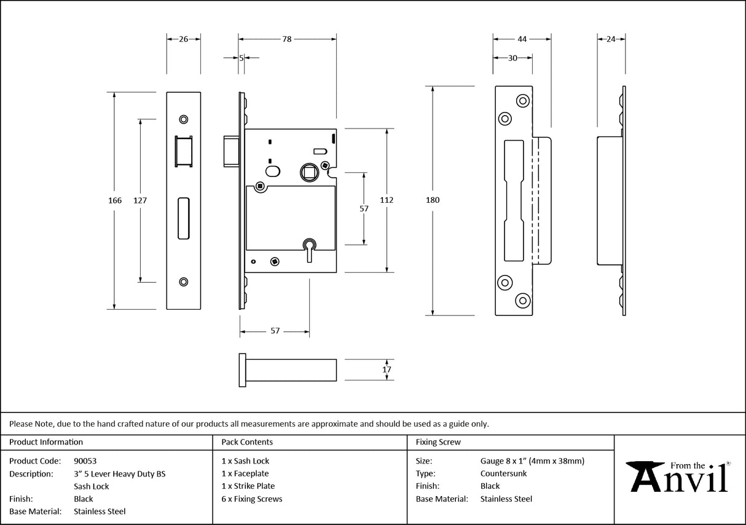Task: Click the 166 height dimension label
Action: pos(115,200)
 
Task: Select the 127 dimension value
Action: pos(141,200)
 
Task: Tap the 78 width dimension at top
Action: pos(286,39)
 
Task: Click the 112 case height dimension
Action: pos(387,200)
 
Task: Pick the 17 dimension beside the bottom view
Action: pos(387,369)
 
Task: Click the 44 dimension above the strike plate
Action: pos(522,39)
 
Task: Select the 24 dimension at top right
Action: pos(611,39)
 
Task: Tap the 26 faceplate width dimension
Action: pos(183,39)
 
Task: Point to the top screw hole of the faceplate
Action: pos(183,119)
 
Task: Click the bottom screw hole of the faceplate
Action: pos(183,282)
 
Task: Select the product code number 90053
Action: pos(85,460)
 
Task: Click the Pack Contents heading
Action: pos(247,442)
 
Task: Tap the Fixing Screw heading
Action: pos(438,442)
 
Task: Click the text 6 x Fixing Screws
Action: pos(252,499)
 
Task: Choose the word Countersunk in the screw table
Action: pos(503,473)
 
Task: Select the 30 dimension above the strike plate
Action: pos(512,58)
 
